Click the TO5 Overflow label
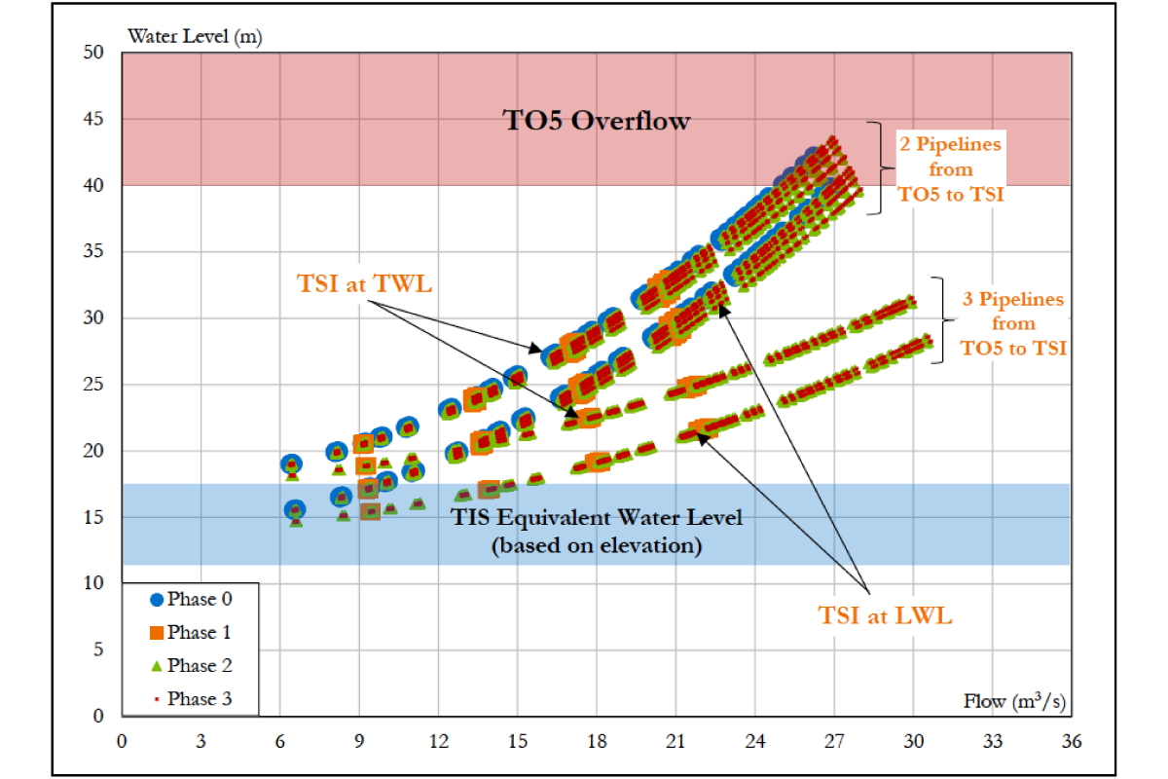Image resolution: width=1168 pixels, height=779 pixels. pyautogui.click(x=596, y=121)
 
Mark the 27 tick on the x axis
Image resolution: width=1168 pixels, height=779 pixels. pyautogui.click(x=834, y=740)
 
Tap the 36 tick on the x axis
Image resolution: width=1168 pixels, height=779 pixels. pyautogui.click(x=1072, y=740)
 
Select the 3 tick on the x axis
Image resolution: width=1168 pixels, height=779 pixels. pyautogui.click(x=201, y=740)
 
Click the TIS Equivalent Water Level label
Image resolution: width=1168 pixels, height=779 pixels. pyautogui.click(x=597, y=531)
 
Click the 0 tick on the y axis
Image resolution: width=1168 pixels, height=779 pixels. pyautogui.click(x=101, y=716)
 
